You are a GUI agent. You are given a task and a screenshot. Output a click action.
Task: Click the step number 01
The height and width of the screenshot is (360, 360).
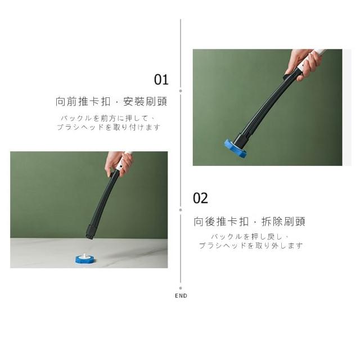pyautogui.click(x=161, y=80)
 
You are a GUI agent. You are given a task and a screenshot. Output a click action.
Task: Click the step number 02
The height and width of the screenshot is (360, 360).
pyautogui.click(x=200, y=199)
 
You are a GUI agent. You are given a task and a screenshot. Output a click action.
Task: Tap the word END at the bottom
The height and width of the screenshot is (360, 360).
pyautogui.click(x=181, y=296)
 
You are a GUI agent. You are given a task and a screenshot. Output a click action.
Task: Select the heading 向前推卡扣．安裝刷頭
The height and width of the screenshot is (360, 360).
pyautogui.click(x=111, y=101)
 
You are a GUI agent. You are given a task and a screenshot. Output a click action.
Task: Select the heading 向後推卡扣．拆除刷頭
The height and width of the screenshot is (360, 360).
pyautogui.click(x=249, y=222)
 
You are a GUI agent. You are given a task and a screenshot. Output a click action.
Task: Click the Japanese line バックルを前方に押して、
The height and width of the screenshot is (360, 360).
pyautogui.click(x=108, y=118)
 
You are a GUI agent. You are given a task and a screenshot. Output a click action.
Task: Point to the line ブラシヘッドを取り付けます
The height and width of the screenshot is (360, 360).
pyautogui.click(x=109, y=127)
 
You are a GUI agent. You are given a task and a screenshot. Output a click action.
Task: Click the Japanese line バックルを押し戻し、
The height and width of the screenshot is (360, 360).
pyautogui.click(x=250, y=236)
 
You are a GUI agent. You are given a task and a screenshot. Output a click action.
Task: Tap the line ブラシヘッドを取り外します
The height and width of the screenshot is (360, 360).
pyautogui.click(x=251, y=245)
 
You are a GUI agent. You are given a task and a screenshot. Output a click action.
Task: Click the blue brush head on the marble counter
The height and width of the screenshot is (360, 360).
pyautogui.click(x=85, y=259)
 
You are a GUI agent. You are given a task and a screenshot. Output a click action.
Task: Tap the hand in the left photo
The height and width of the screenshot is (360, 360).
pyautogui.click(x=118, y=164)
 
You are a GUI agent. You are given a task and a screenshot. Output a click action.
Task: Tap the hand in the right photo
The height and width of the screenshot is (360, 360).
pyautogui.click(x=303, y=64)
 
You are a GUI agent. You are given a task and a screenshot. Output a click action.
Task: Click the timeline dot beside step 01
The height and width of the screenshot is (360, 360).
pyautogui.click(x=181, y=91)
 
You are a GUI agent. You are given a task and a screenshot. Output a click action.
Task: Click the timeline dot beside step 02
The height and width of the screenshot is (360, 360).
pyautogui.click(x=181, y=210)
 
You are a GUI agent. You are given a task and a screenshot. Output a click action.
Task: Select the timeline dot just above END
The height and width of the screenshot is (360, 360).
pyautogui.click(x=181, y=288)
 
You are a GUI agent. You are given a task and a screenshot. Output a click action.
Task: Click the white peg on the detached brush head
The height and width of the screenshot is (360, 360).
pyautogui.click(x=84, y=256)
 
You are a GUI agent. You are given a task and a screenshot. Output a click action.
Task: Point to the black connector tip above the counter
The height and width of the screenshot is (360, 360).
pyautogui.click(x=90, y=232)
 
